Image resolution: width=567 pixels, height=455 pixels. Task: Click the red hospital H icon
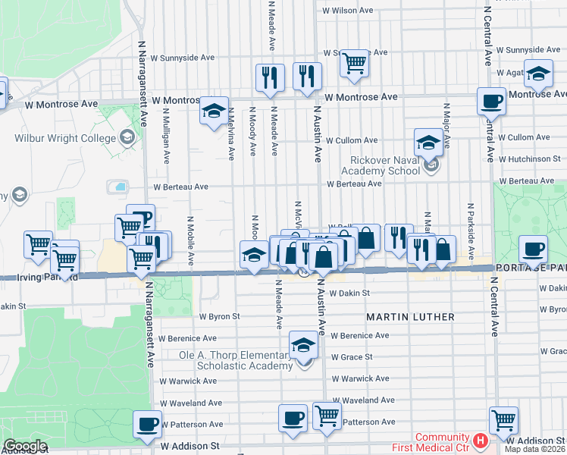480,440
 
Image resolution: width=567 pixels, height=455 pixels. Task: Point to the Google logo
25,446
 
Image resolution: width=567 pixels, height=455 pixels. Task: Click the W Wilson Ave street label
348,11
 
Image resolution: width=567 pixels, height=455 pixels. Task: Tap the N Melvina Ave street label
230,133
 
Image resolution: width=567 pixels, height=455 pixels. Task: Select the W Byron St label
219,316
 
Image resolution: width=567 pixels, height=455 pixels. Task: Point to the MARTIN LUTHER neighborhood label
410,316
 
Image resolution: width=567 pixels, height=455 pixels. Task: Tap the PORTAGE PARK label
531,268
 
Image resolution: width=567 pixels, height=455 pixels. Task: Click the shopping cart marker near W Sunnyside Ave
353,64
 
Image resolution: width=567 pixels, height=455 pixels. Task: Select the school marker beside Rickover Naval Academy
428,142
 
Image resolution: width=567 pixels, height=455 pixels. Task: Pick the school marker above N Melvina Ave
215,111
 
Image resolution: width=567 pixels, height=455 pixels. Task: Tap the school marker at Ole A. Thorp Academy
303,346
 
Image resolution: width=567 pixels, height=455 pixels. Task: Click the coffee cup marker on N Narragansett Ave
146,424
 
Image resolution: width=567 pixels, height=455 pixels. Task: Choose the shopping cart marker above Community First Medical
503,419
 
